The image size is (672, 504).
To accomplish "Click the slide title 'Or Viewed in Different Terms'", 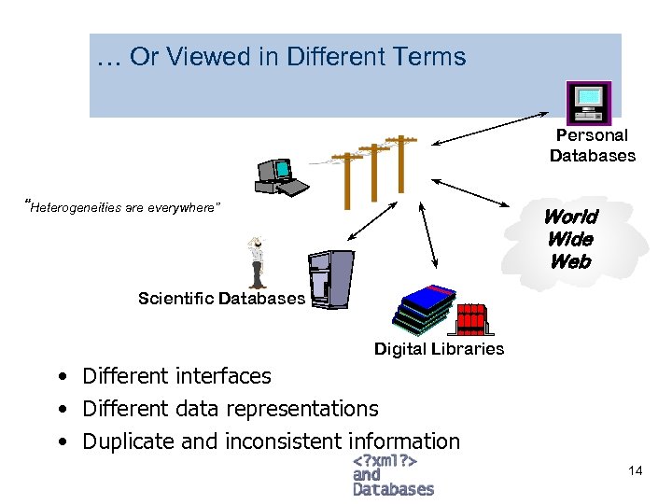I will (281, 57).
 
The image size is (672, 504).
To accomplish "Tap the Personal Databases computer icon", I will (589, 102).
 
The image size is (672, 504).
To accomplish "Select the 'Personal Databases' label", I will (592, 146).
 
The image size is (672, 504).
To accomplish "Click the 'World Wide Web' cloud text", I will (570, 239).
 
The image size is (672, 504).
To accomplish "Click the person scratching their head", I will (256, 262).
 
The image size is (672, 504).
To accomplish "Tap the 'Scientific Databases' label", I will (221, 299).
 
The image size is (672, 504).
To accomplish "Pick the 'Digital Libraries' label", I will (439, 349).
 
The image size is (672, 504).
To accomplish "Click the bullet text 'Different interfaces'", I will (176, 376).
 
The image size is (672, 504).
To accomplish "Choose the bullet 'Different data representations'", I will (230, 409).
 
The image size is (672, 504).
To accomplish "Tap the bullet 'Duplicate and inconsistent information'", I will (271, 441).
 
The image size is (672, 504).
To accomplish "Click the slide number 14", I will (635, 470).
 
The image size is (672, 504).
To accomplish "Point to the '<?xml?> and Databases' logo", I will (392, 475).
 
